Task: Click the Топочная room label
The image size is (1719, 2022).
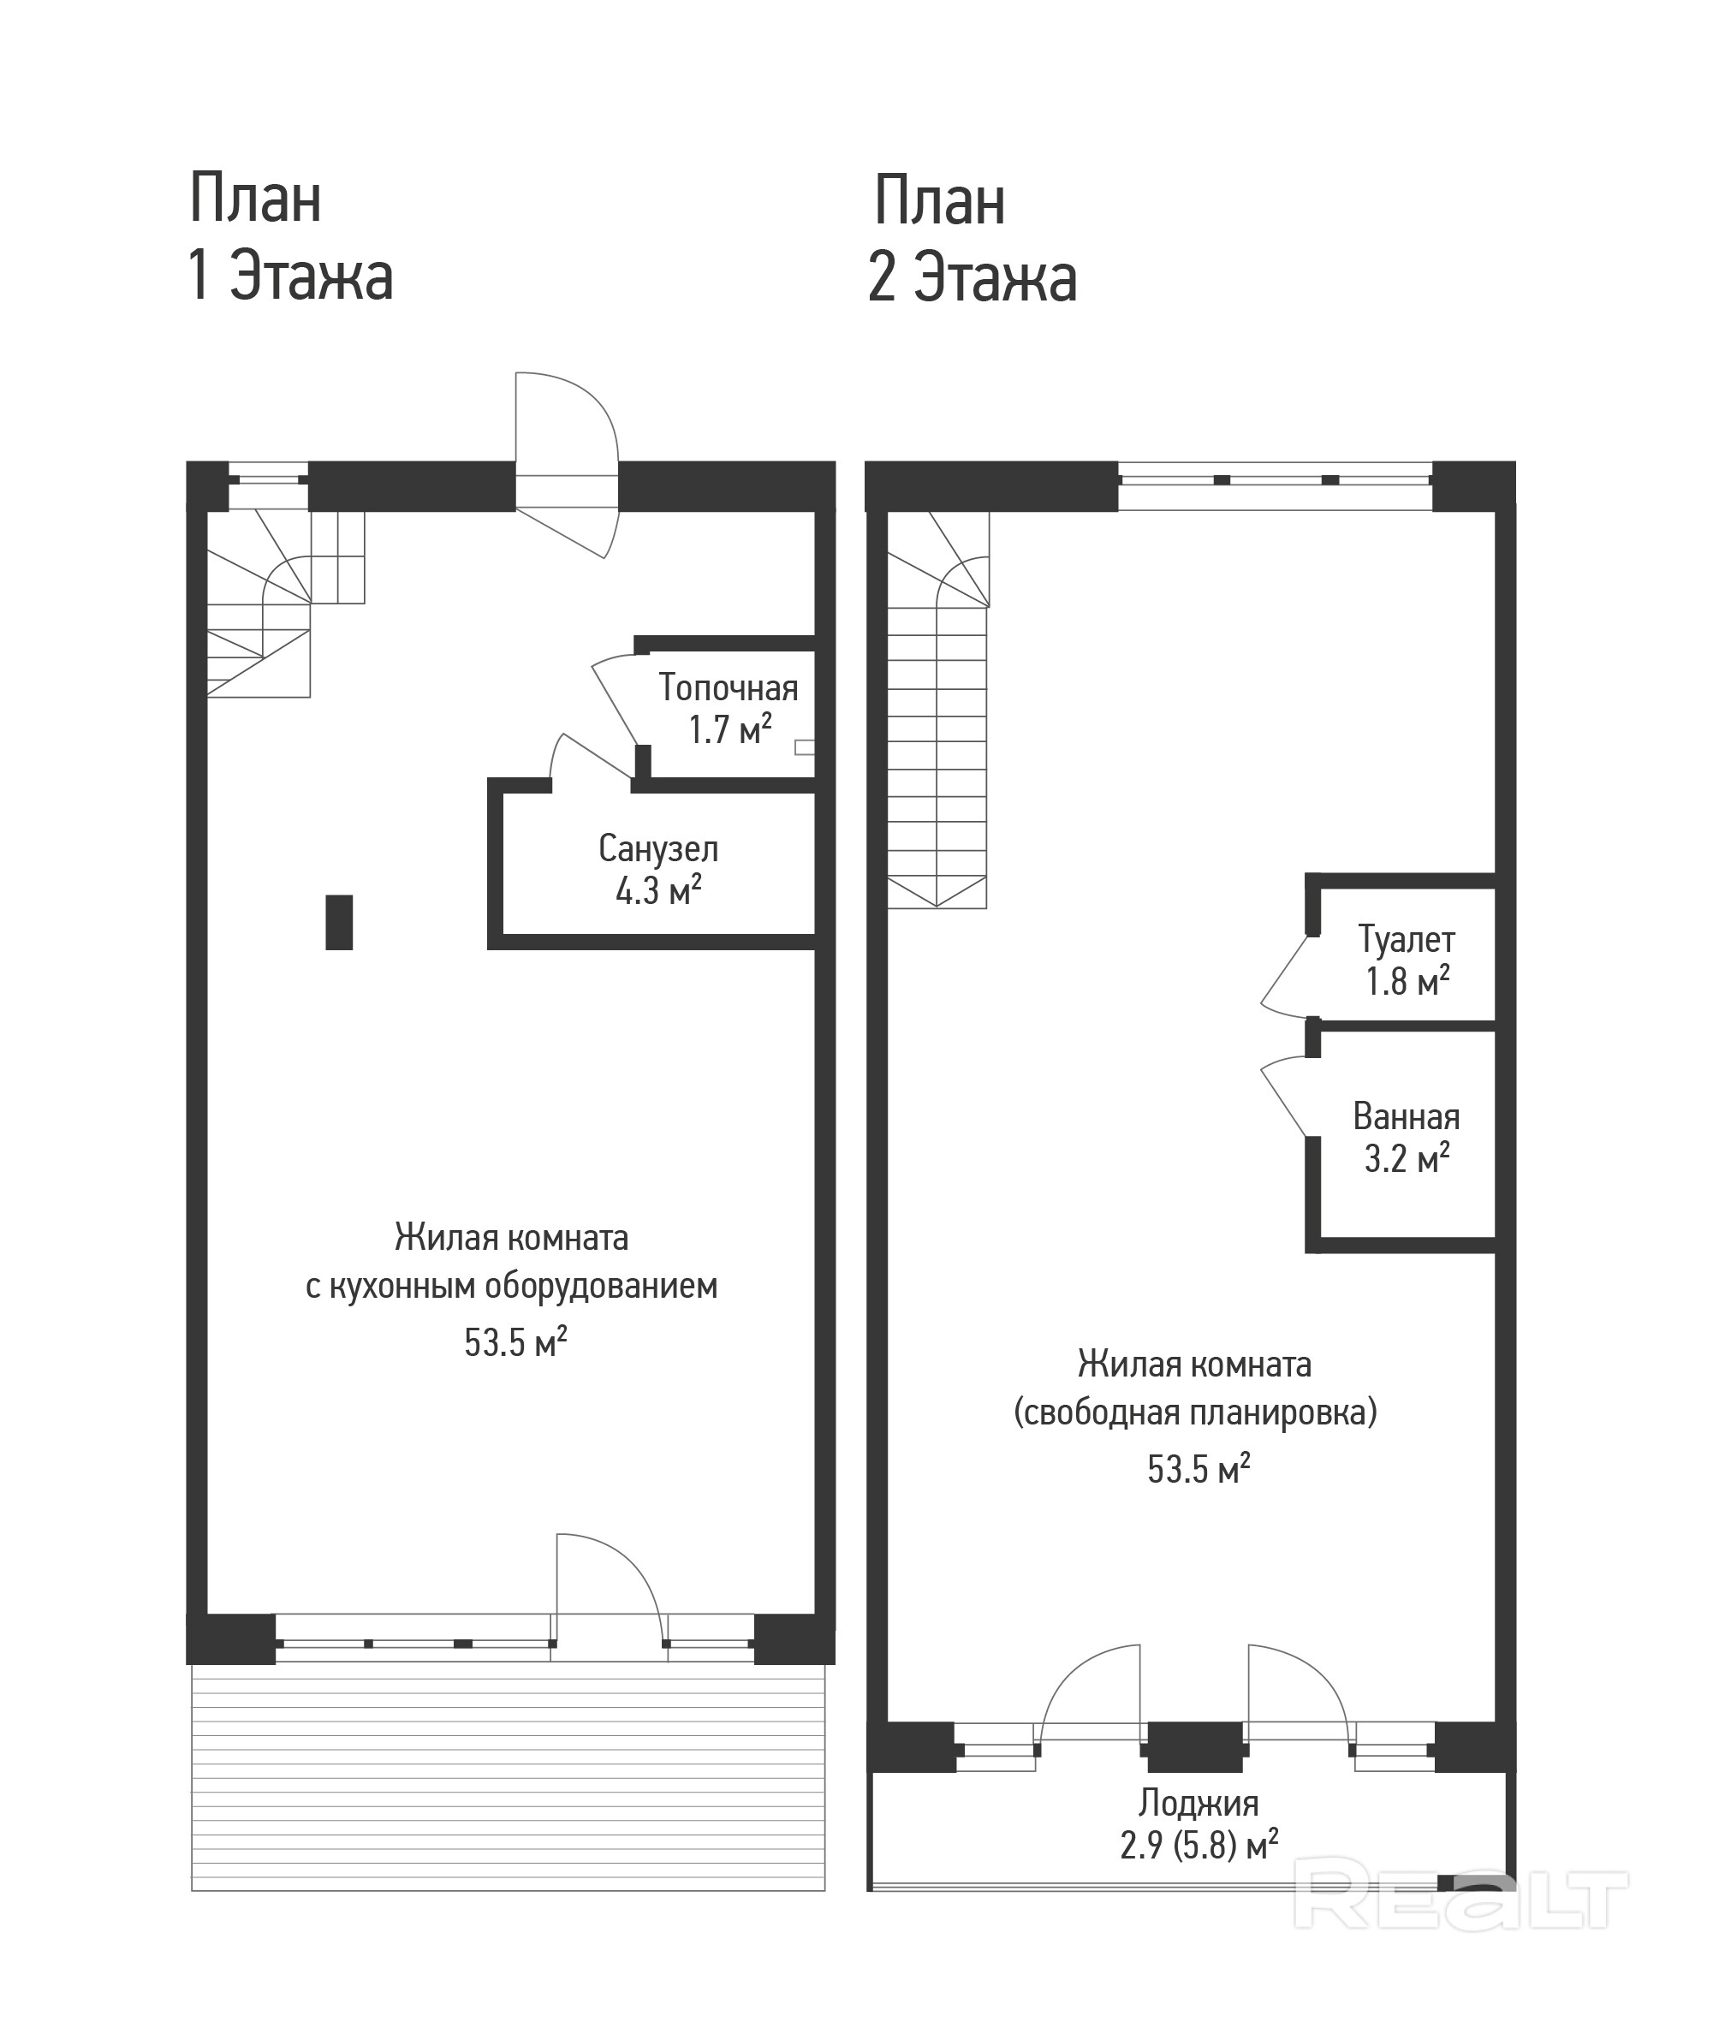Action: [x=728, y=688]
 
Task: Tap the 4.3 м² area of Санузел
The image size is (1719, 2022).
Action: [x=659, y=890]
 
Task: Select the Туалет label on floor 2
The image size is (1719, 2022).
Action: [x=1407, y=940]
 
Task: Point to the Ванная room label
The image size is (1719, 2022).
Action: [x=1407, y=1117]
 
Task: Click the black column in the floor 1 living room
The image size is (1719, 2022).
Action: [x=339, y=922]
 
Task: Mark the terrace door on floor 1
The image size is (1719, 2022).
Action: [x=609, y=1577]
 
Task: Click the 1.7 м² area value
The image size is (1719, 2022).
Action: [x=731, y=729]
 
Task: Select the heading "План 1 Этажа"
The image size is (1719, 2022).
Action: [x=289, y=237]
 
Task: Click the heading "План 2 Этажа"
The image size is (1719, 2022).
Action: [x=973, y=240]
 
